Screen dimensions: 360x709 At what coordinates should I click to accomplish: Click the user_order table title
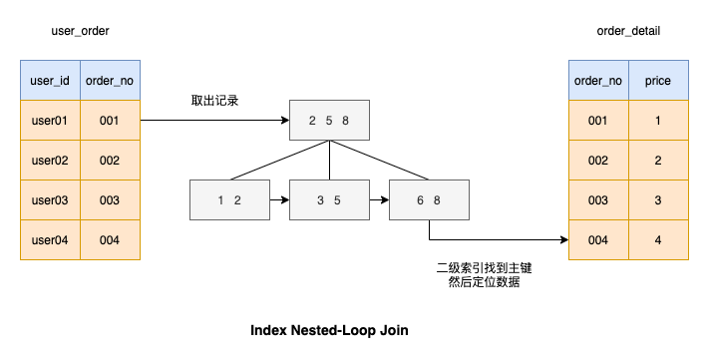[x=80, y=31]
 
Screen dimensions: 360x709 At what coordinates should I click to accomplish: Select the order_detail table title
[x=628, y=31]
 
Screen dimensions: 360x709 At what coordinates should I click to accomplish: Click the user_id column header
[x=50, y=80]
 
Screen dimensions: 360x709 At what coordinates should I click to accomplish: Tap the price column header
[x=658, y=80]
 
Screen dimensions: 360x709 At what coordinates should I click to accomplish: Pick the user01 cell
[x=50, y=121]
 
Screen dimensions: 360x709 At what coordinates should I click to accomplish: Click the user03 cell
[x=50, y=200]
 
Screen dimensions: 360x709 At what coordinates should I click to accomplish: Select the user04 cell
[x=50, y=240]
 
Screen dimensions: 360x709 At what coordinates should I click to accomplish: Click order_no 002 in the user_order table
[x=110, y=161]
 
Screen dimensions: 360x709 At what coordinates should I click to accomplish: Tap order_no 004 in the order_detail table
[x=598, y=240]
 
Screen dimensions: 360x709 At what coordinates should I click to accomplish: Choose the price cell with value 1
[x=658, y=121]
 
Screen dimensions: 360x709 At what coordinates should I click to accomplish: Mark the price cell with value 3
[x=658, y=200]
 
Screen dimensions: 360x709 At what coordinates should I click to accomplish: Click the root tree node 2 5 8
[x=329, y=121]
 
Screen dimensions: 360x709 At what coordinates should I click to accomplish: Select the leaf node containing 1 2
[x=229, y=200]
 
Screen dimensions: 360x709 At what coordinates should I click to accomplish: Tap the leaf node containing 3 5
[x=329, y=200]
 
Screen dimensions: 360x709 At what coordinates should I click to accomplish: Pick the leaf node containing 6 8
[x=429, y=200]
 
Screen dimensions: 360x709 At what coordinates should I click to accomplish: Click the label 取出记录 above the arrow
[x=215, y=102]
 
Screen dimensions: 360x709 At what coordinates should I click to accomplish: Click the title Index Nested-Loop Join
[x=329, y=330]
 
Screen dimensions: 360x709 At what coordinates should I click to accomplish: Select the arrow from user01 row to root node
[x=214, y=121]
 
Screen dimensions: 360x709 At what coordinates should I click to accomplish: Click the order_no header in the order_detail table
[x=598, y=80]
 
